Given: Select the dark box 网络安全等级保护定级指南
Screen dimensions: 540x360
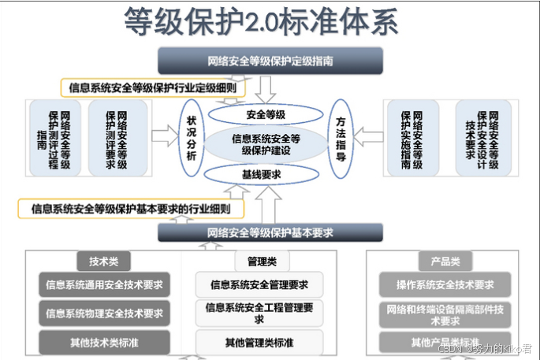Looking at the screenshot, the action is [x=270, y=61].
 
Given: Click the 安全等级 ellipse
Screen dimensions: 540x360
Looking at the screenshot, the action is [x=266, y=114].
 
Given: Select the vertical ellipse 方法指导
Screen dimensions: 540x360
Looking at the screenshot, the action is [x=341, y=138].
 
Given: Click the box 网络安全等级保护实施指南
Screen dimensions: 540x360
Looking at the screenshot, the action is [x=412, y=138].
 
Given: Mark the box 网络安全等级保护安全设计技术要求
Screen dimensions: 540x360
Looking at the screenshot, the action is [x=482, y=138].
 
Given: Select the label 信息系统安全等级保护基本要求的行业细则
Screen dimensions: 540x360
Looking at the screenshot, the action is [x=131, y=209].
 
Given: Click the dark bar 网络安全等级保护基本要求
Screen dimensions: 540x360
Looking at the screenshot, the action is [x=270, y=232].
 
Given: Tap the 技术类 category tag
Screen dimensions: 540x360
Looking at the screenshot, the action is [x=103, y=262].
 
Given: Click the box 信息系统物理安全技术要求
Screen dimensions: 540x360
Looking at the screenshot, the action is [x=105, y=313].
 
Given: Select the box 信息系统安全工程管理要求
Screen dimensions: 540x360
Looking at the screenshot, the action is [x=259, y=313].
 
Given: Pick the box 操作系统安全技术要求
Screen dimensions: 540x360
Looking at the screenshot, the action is [x=445, y=284].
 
